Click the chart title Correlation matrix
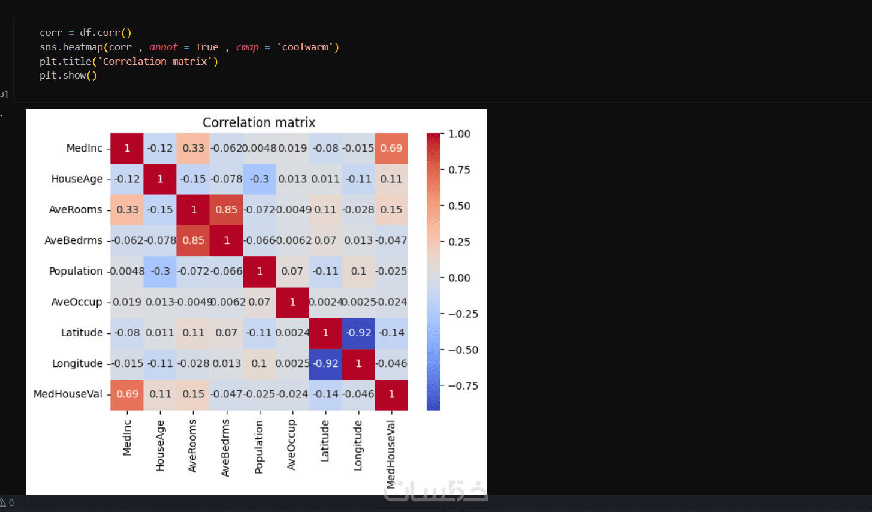[259, 122]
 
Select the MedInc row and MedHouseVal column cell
[391, 148]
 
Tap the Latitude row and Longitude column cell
[358, 333]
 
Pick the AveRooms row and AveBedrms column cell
[227, 210]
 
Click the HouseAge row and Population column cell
[260, 179]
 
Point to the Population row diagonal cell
[260, 271]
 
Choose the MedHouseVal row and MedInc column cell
[127, 394]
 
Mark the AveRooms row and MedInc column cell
[127, 210]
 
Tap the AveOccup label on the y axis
[77, 302]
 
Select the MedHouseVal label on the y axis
[68, 394]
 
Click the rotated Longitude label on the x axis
[358, 445]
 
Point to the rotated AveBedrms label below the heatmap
[225, 448]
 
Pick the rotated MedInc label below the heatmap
[127, 438]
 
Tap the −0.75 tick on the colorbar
[463, 385]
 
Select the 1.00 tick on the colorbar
[459, 134]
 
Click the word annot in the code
[163, 47]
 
